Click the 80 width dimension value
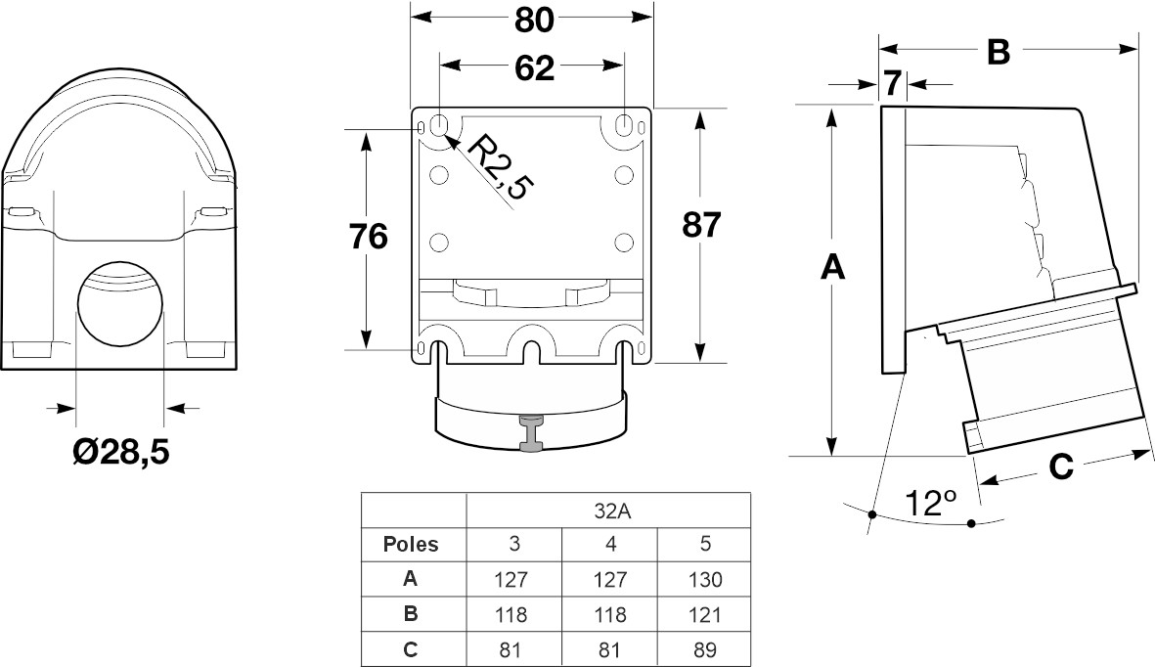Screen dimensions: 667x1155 (x=532, y=20)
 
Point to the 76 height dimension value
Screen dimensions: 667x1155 (x=368, y=237)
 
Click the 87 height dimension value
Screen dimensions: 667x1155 (x=700, y=226)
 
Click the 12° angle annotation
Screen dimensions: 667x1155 (x=928, y=503)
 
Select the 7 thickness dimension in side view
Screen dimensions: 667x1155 (x=893, y=84)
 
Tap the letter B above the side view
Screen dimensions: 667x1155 (x=997, y=52)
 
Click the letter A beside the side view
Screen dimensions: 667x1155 (x=831, y=267)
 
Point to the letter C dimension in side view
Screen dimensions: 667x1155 (x=1061, y=467)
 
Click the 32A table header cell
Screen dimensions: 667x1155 (x=608, y=509)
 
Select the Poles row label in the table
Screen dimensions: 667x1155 (x=411, y=544)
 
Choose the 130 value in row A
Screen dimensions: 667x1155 (x=704, y=579)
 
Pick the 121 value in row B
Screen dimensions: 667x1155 (x=704, y=614)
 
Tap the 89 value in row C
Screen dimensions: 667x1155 (x=704, y=649)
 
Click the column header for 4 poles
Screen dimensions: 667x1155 (x=609, y=544)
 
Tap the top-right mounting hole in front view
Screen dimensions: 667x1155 (x=625, y=125)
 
